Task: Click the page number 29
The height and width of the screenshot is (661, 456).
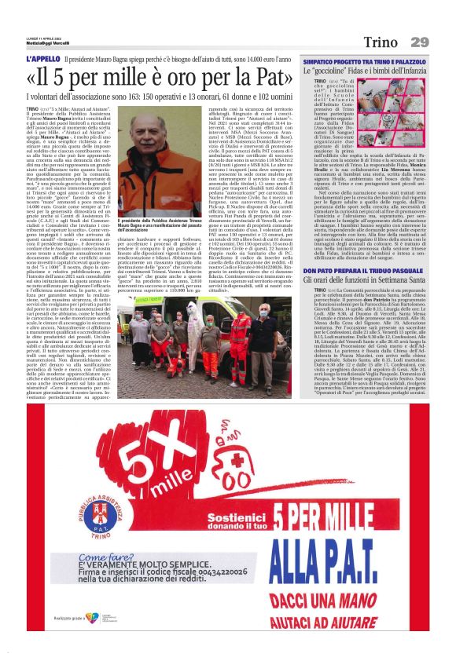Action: click(419, 41)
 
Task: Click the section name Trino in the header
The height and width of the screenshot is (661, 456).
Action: click(380, 41)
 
